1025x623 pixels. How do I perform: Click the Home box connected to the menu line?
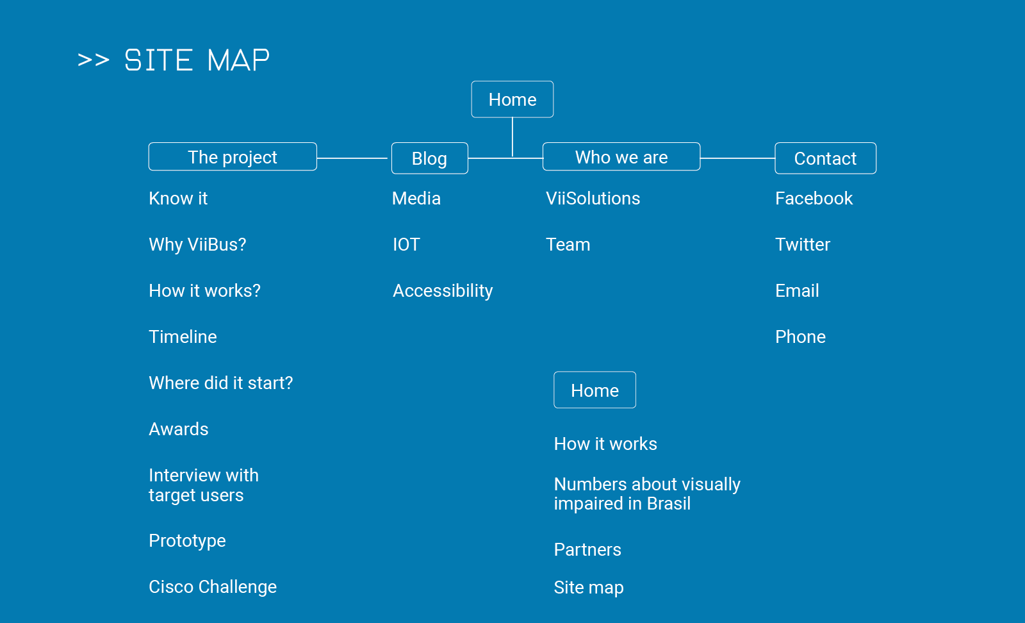(x=512, y=99)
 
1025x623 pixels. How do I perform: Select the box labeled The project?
(x=233, y=156)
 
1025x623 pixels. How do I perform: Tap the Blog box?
(x=430, y=158)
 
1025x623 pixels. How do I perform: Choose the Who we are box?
(x=621, y=156)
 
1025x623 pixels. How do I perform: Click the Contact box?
(x=826, y=158)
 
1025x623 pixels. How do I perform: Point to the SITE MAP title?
(x=174, y=60)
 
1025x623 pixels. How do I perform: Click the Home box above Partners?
(x=595, y=390)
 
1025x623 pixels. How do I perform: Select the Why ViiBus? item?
(x=197, y=244)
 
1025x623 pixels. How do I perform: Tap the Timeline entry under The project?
(x=183, y=337)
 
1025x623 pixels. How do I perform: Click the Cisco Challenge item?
(x=213, y=587)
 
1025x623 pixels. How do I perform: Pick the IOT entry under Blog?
(x=406, y=244)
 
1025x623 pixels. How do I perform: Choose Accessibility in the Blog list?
(x=443, y=291)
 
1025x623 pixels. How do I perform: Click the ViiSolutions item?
(x=593, y=198)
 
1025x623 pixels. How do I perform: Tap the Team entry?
(x=568, y=244)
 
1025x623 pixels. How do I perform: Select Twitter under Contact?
(x=803, y=244)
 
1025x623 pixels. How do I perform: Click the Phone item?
(x=800, y=337)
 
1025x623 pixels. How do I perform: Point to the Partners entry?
(x=587, y=550)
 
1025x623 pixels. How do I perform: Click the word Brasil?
(x=669, y=504)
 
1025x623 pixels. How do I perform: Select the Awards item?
(x=179, y=429)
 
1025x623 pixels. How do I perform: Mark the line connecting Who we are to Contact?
(x=737, y=158)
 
